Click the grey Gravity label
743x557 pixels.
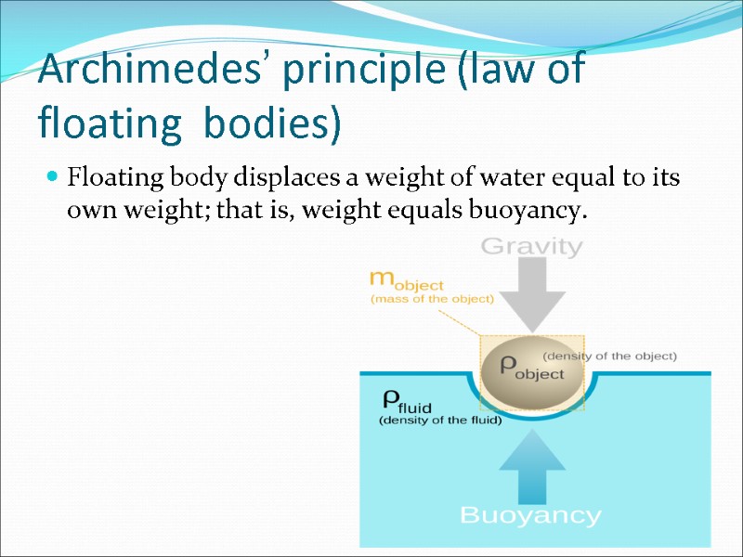[531, 248]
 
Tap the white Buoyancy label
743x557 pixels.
[531, 515]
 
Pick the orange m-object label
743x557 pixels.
[407, 279]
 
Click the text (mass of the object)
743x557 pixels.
[432, 299]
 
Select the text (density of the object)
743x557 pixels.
[609, 356]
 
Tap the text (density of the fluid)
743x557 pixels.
[440, 421]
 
